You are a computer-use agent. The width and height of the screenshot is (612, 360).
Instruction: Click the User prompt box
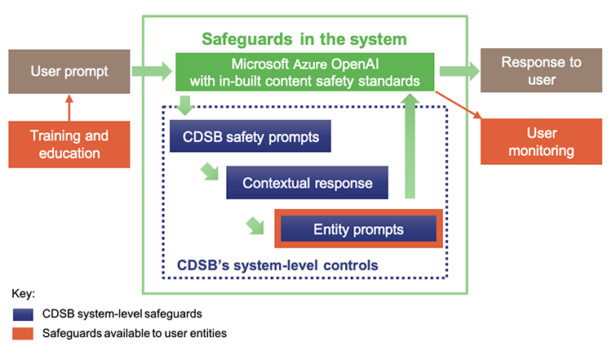pos(69,71)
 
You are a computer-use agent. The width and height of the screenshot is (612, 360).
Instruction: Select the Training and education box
pos(69,143)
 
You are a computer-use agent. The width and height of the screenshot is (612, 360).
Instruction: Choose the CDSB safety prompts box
pos(250,136)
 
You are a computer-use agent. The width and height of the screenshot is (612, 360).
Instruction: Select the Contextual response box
pos(307,183)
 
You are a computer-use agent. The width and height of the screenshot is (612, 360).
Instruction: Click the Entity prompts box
pos(358,229)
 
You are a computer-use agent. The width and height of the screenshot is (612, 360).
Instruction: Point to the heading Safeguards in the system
pos(304,38)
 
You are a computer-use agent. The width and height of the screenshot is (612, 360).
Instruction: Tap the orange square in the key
pos(24,333)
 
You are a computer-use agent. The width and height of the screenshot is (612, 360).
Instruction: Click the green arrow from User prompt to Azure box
pos(153,73)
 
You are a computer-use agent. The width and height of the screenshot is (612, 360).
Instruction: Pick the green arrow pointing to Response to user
pos(458,72)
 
